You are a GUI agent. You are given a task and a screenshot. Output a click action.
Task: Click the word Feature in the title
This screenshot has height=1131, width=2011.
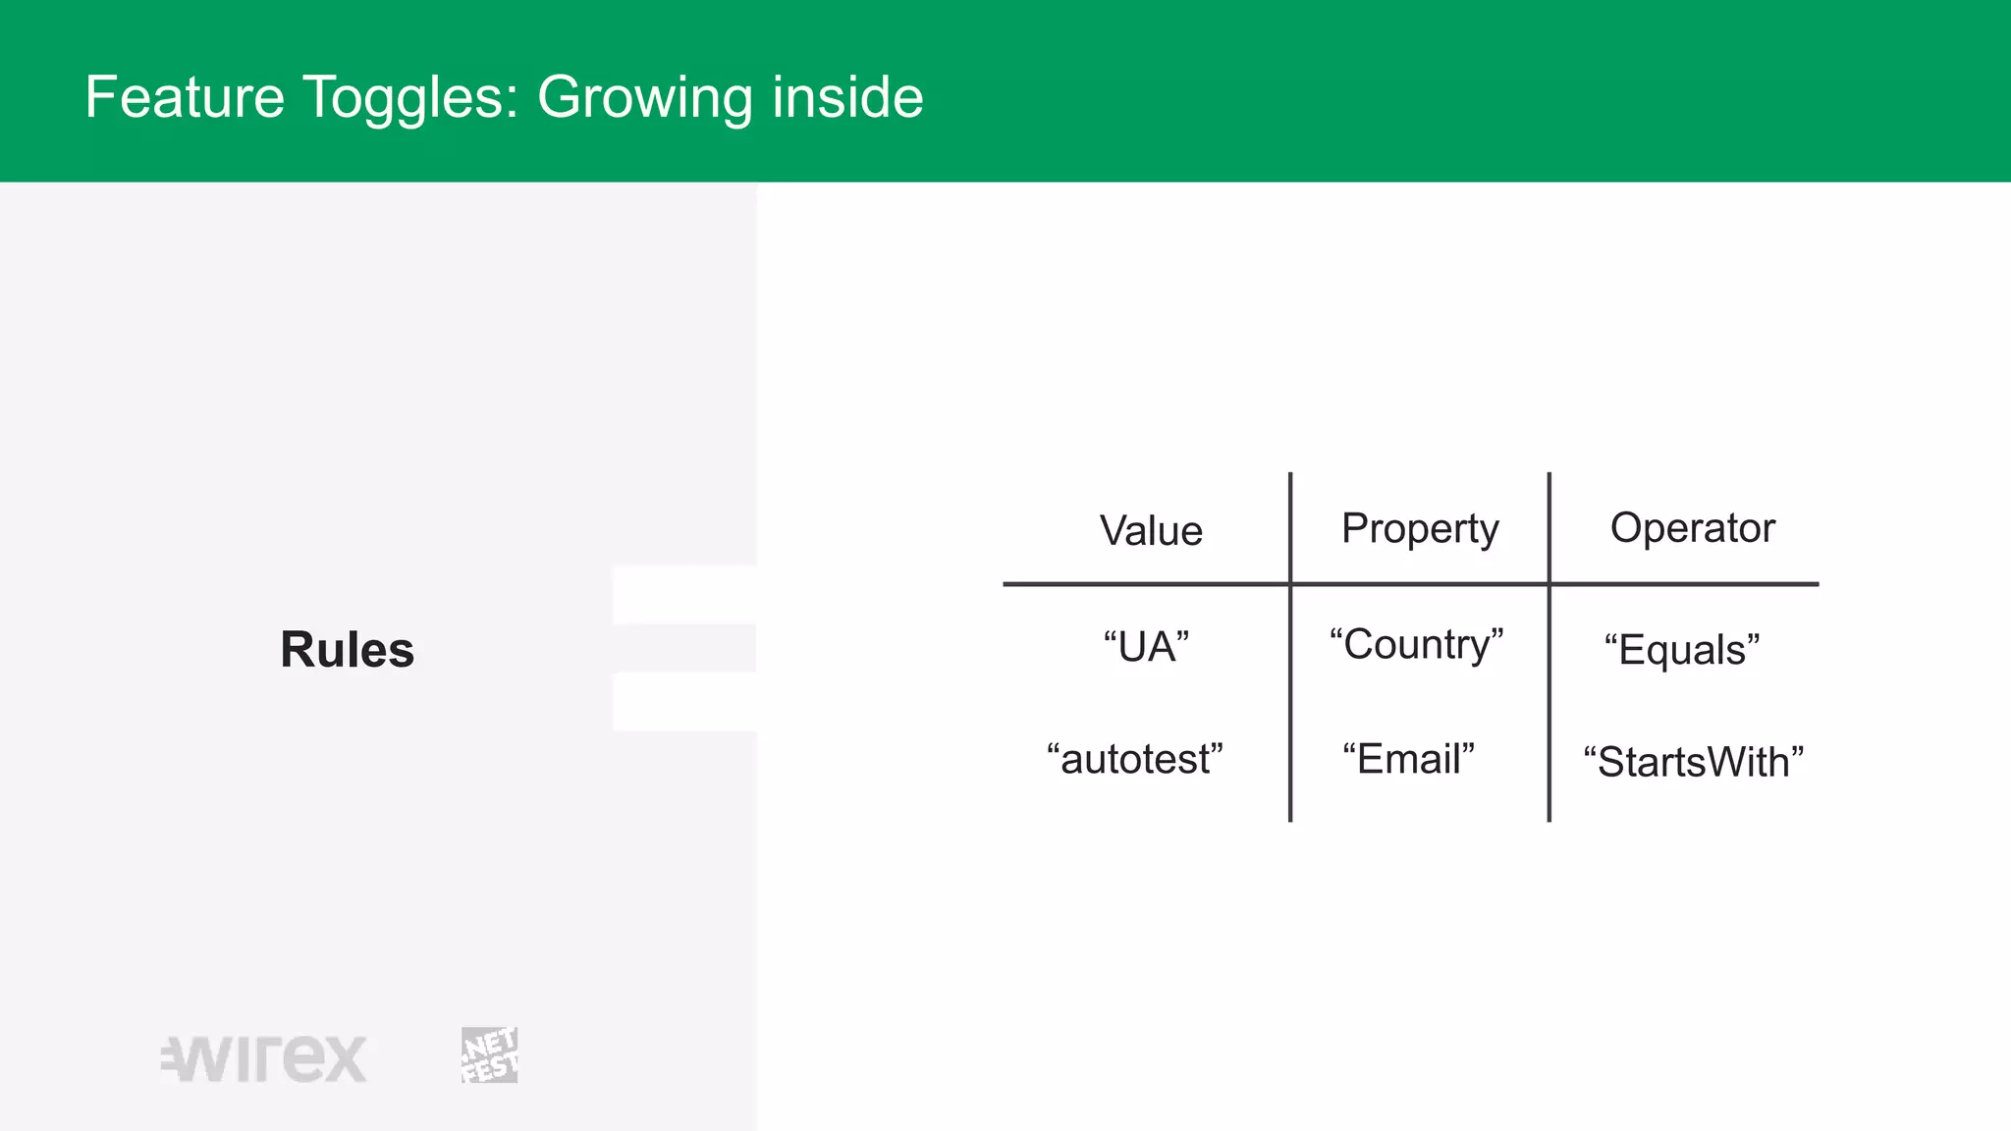click(185, 97)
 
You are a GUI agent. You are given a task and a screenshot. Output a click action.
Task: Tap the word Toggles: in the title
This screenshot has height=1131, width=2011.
click(410, 97)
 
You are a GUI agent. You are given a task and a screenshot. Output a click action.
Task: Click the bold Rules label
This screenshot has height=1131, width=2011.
click(347, 650)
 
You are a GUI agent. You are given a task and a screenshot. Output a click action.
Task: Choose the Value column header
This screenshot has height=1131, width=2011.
click(1151, 531)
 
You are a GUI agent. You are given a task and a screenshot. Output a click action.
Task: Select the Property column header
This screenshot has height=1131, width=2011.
click(1420, 529)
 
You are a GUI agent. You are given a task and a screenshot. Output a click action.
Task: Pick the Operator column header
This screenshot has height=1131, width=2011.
click(1692, 528)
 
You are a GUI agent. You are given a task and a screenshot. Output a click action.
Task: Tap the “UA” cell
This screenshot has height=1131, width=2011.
click(1146, 647)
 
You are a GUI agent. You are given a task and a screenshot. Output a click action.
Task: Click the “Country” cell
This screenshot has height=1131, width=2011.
click(1416, 645)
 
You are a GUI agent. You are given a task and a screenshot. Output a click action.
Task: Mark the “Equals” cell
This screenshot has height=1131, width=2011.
click(1681, 650)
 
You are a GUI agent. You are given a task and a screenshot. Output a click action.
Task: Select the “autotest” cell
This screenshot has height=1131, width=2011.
click(1135, 759)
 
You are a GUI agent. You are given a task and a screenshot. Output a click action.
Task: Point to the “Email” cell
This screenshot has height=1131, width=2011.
click(1408, 759)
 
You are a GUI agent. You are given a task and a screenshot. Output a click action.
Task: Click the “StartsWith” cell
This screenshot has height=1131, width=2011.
click(1693, 762)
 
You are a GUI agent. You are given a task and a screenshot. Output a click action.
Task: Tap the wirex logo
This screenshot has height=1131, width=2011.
click(264, 1058)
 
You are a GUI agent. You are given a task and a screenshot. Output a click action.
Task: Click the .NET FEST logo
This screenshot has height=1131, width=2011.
click(489, 1055)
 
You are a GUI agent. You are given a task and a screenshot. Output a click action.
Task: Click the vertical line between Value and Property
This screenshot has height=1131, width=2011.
click(1289, 687)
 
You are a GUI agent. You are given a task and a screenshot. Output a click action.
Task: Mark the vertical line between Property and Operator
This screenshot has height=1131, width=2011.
click(1549, 687)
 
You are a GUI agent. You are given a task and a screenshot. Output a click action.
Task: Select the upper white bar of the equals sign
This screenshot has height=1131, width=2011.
click(684, 595)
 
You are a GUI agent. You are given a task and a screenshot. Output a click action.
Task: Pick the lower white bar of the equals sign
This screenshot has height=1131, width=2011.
click(684, 702)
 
